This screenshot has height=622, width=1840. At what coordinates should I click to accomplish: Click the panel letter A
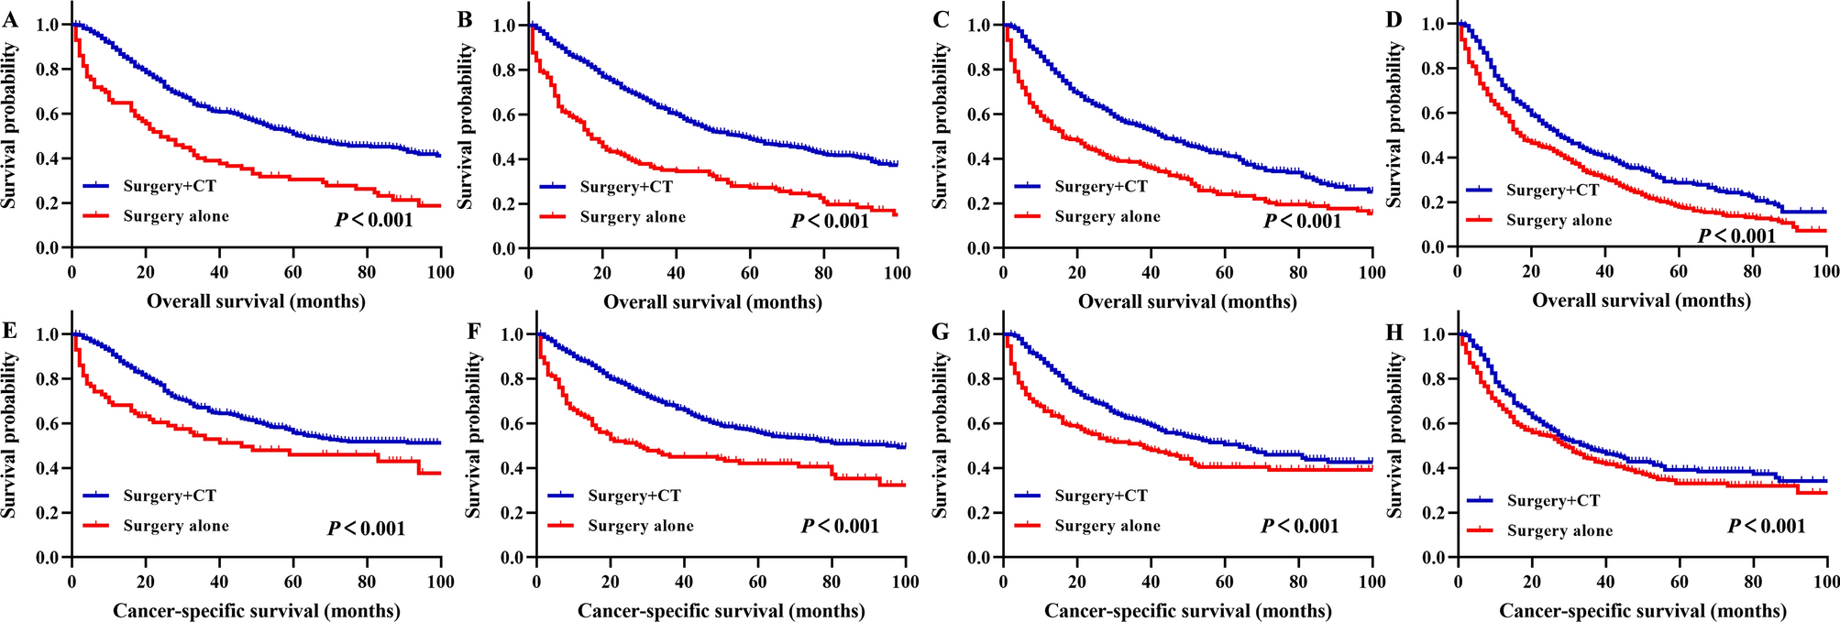(x=10, y=20)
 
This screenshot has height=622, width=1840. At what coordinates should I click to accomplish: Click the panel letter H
(x=1394, y=331)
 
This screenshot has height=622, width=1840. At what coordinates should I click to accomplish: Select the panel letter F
(x=473, y=331)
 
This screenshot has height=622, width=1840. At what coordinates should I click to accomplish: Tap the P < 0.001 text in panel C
(x=1302, y=221)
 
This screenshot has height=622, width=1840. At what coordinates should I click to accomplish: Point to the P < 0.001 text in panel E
(x=366, y=529)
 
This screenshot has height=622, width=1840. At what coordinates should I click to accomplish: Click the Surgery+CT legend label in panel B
(x=626, y=187)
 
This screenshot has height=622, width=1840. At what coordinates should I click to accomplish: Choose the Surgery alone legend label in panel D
(x=1559, y=221)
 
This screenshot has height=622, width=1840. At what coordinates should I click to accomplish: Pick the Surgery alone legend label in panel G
(x=1107, y=526)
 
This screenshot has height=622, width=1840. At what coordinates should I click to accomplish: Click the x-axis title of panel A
(x=256, y=300)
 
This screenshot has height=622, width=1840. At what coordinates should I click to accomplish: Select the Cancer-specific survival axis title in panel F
(x=721, y=611)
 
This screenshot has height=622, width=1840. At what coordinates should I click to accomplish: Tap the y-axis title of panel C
(x=940, y=126)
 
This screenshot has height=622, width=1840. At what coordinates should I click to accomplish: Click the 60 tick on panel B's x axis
(x=749, y=273)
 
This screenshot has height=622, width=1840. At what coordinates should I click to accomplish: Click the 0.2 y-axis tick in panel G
(x=978, y=513)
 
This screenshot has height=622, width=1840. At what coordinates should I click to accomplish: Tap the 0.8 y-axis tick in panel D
(x=1434, y=69)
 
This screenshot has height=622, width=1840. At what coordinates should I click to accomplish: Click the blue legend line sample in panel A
(x=97, y=187)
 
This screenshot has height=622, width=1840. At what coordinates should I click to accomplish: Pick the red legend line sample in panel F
(x=562, y=526)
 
